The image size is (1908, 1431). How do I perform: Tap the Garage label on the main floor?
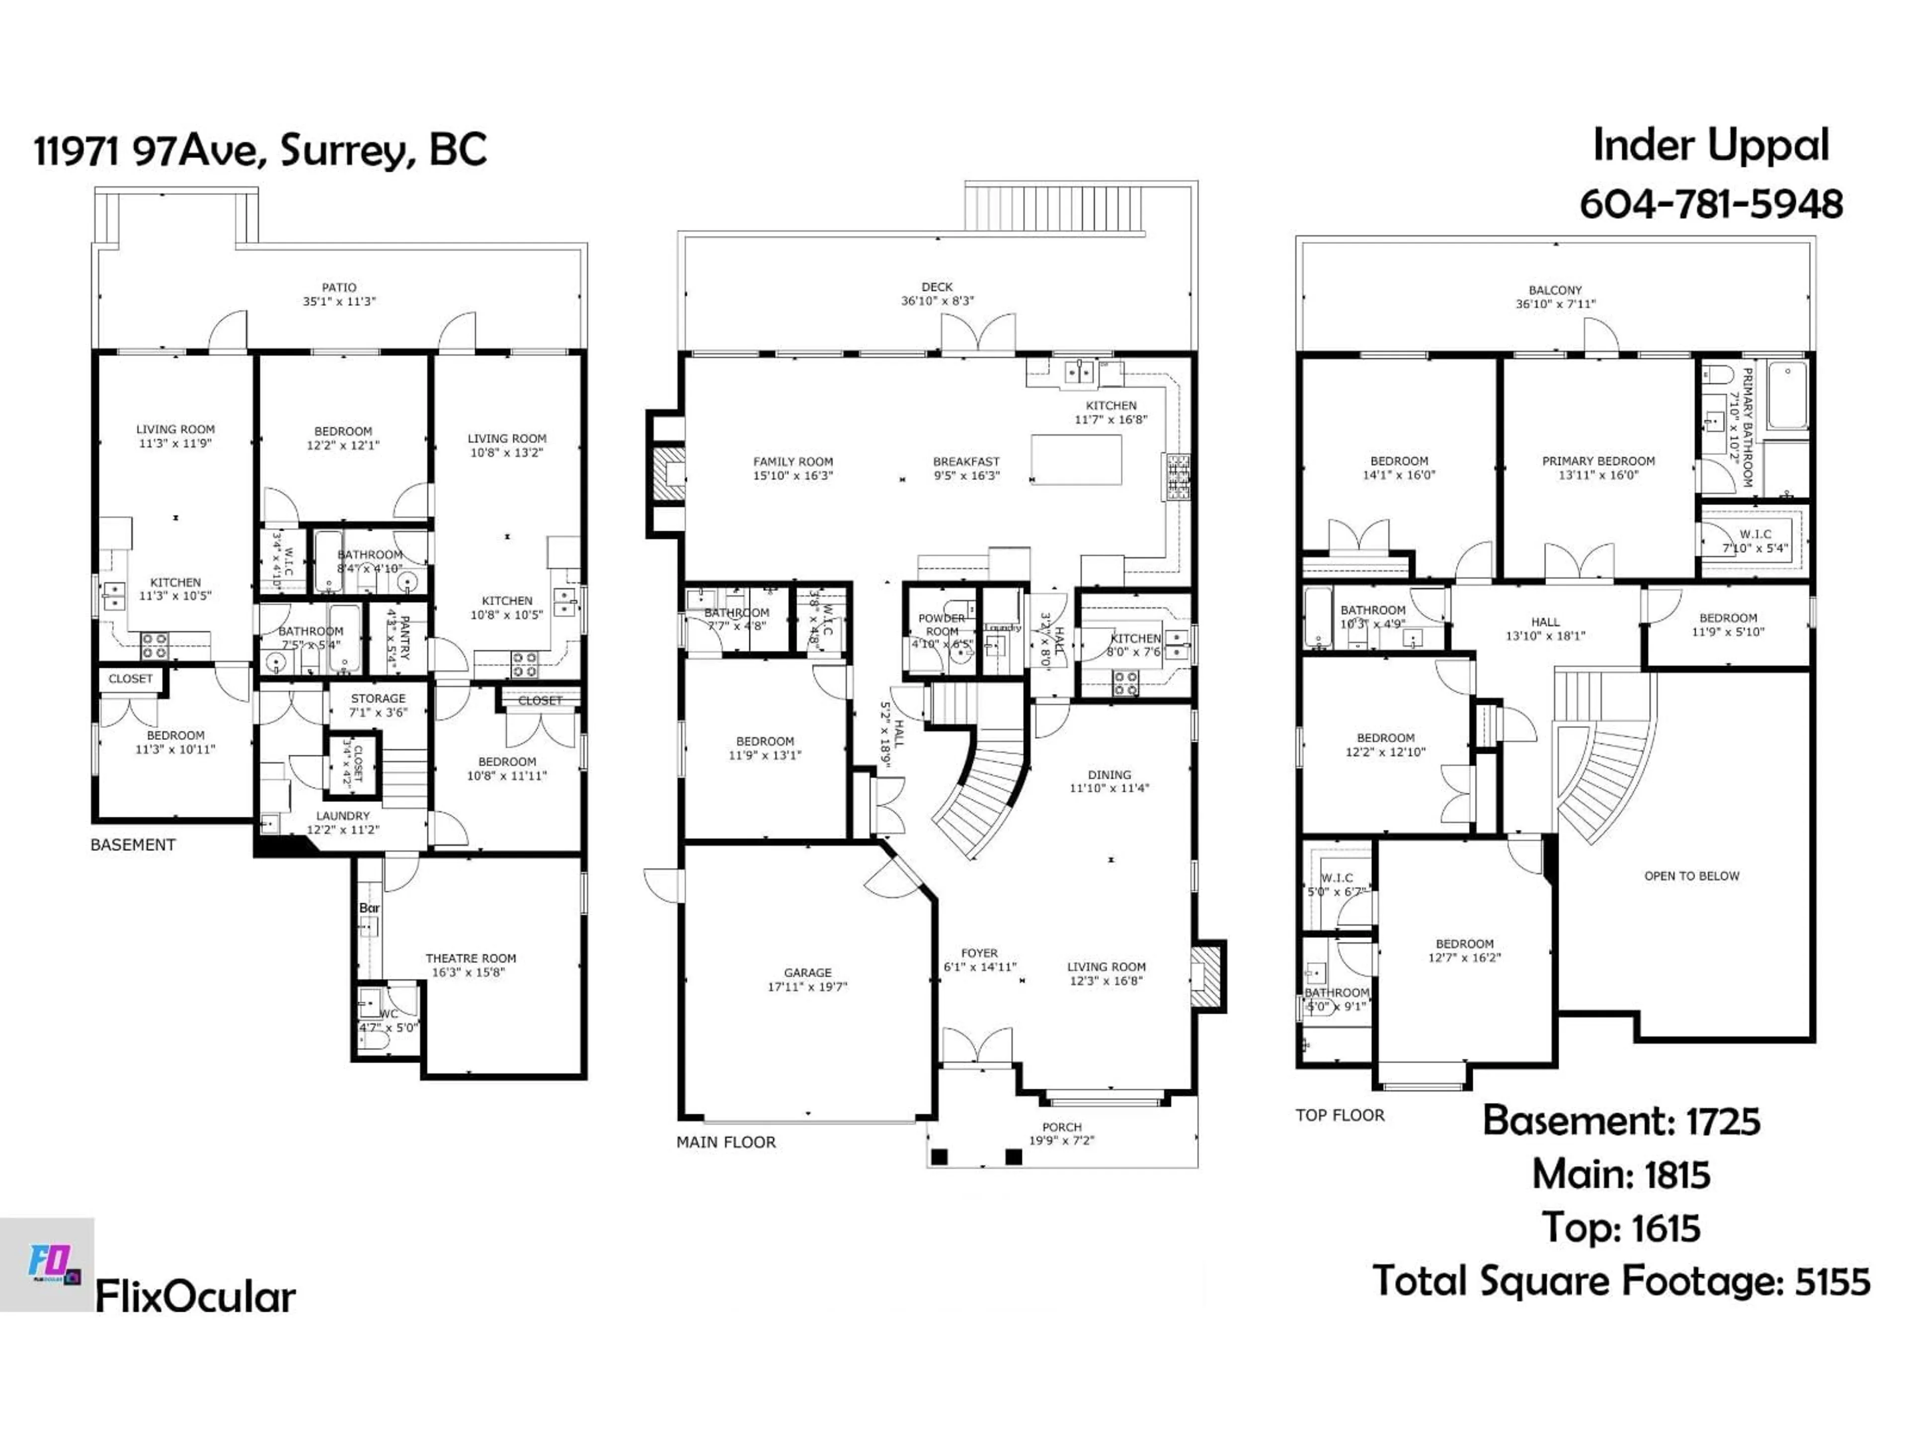(x=807, y=972)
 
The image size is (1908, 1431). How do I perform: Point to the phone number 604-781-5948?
(x=1710, y=204)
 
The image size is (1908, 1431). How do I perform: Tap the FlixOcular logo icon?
(x=47, y=1265)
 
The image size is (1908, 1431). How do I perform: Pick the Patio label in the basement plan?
(x=339, y=287)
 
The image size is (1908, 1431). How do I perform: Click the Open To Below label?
(x=1691, y=875)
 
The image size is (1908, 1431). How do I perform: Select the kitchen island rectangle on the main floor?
(x=1077, y=460)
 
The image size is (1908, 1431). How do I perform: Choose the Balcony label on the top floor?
(x=1555, y=291)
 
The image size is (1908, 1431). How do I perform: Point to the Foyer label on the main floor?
(x=979, y=953)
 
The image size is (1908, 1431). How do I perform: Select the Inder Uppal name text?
(x=1710, y=145)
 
